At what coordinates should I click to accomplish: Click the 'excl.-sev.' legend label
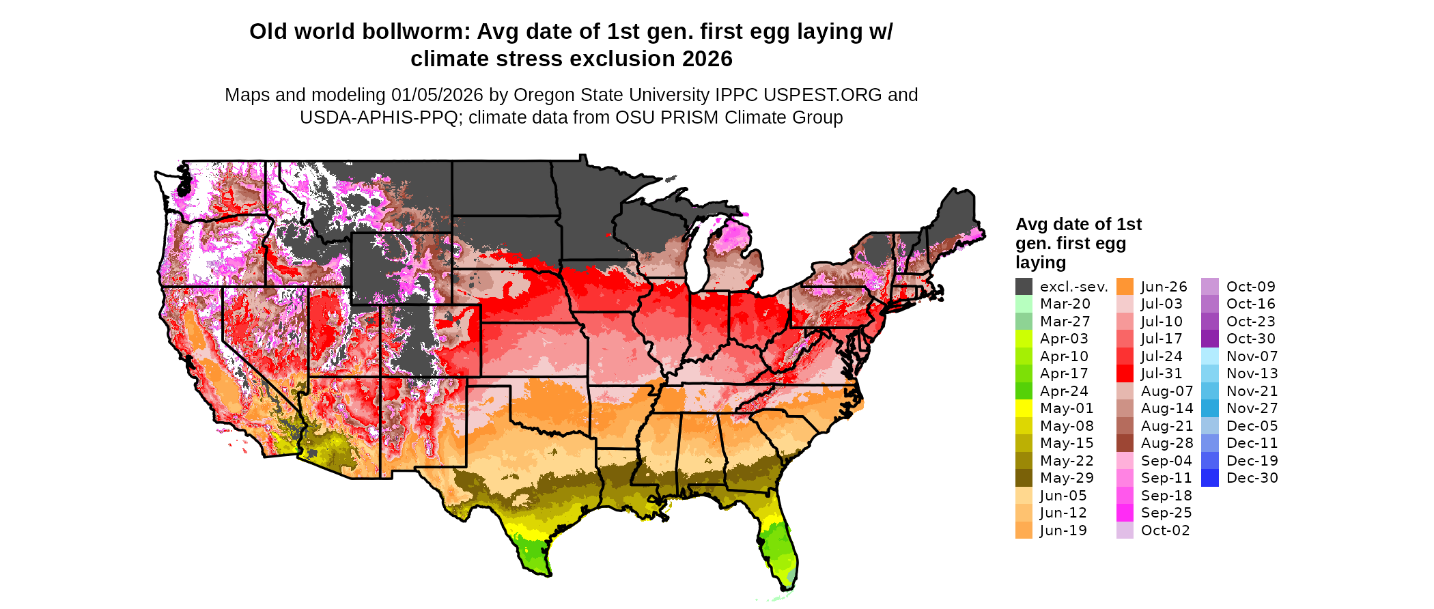[1073, 287]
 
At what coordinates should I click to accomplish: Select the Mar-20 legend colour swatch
[1024, 304]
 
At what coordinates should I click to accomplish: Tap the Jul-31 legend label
[1162, 373]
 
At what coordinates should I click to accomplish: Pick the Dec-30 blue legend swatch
[1209, 478]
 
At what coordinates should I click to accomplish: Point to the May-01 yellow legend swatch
[1024, 408]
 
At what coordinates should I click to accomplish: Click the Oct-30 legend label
[1250, 339]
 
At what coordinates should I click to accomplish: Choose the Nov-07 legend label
[1252, 356]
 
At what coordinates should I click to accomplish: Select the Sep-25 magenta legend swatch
[1125, 513]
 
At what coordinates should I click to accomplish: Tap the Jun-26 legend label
[1164, 287]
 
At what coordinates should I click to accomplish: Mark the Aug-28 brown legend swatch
[1125, 443]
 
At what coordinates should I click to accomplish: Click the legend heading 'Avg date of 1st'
[1078, 225]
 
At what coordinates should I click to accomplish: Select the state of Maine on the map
[955, 218]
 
